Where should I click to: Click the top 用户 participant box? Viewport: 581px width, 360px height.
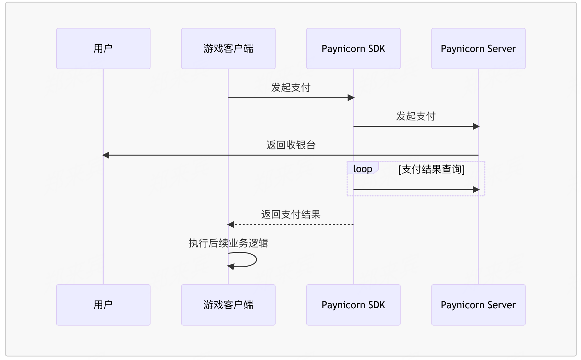(x=103, y=49)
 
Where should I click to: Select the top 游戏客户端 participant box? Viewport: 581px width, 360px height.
(x=228, y=49)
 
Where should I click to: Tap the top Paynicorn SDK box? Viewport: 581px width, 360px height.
(x=353, y=49)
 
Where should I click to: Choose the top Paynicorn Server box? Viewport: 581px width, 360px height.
(x=478, y=49)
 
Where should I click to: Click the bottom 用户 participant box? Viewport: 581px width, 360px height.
(x=103, y=305)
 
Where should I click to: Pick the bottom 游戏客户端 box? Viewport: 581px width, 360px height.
(x=228, y=305)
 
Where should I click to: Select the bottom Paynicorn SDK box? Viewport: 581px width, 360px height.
(x=353, y=305)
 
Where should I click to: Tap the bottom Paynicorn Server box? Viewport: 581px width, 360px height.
(x=478, y=305)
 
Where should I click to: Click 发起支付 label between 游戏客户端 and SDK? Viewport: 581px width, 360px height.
(x=291, y=87)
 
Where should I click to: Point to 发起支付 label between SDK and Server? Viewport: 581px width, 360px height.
(x=416, y=116)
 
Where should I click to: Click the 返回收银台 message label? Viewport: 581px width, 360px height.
(x=291, y=145)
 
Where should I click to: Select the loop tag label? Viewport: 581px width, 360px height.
(x=362, y=169)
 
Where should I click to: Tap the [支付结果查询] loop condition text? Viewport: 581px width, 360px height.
(x=431, y=169)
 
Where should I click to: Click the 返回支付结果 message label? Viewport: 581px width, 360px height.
(x=291, y=214)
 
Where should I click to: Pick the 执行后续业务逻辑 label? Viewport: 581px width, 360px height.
(x=228, y=243)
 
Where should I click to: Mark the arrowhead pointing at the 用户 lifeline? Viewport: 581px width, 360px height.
(x=106, y=155)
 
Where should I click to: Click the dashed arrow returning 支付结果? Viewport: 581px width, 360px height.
(x=293, y=224)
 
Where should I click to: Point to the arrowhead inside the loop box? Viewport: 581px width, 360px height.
(x=476, y=189)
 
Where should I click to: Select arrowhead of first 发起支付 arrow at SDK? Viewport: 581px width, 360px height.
(x=351, y=98)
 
